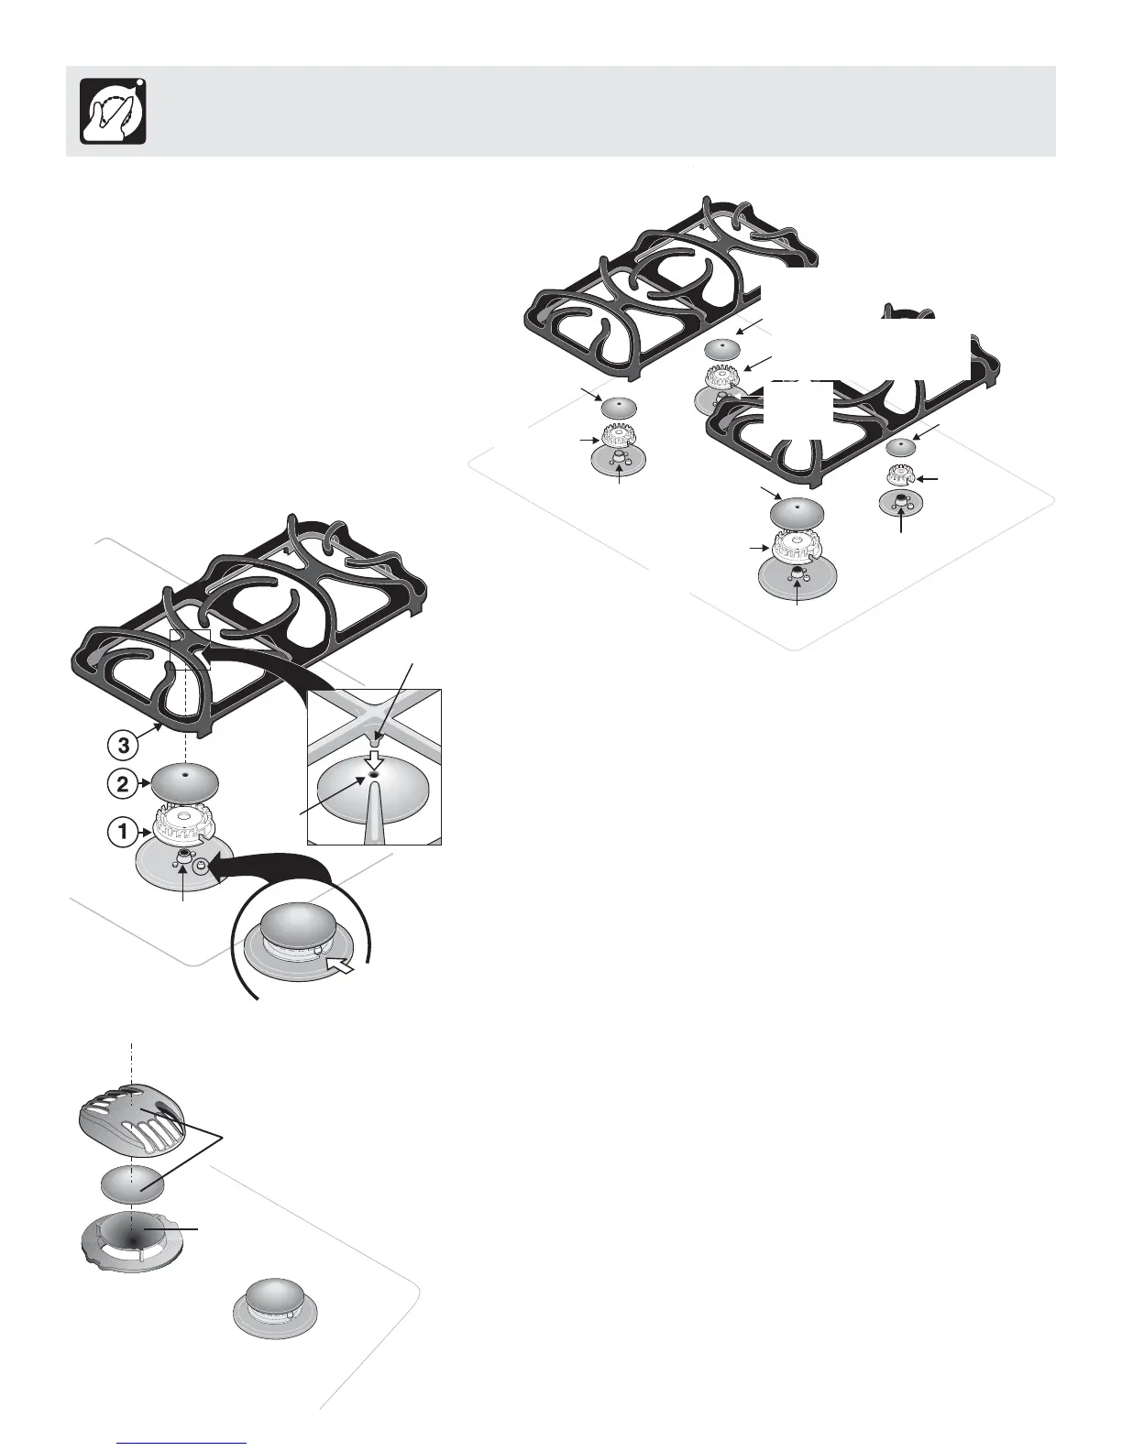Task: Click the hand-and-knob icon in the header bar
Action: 114,111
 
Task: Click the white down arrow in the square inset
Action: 373,758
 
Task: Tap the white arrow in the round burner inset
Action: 338,966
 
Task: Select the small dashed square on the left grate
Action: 191,649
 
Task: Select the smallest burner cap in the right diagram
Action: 901,448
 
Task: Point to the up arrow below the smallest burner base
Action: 904,524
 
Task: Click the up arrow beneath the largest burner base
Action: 797,594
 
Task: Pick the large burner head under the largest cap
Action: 796,548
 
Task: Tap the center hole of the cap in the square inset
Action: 374,775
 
